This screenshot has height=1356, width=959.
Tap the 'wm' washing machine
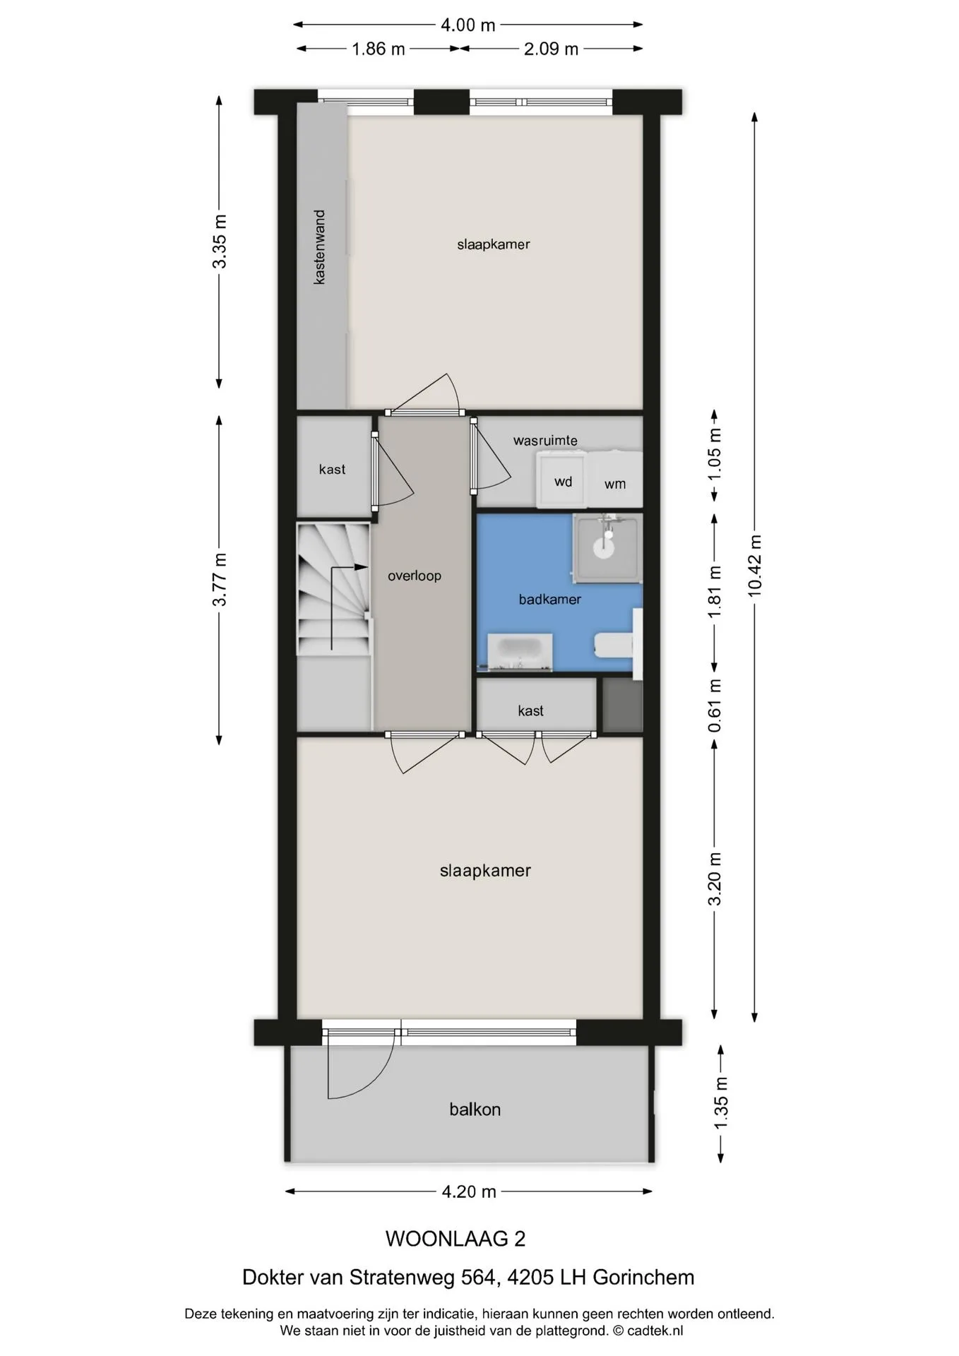pyautogui.click(x=615, y=480)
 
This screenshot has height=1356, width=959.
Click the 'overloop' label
pyautogui.click(x=415, y=576)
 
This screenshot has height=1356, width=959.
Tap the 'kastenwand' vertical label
pyautogui.click(x=319, y=246)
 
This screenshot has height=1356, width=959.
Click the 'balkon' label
pyautogui.click(x=475, y=1109)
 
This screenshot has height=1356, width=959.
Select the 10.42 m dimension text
pyautogui.click(x=755, y=566)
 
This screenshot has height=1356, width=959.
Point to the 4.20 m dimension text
pyautogui.click(x=469, y=1191)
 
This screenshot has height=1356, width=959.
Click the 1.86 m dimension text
pyautogui.click(x=379, y=49)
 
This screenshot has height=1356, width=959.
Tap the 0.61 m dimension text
pyautogui.click(x=715, y=706)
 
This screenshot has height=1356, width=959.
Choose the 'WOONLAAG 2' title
pyautogui.click(x=455, y=1238)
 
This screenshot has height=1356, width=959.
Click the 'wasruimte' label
pyautogui.click(x=545, y=441)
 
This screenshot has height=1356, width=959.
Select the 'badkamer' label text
pyautogui.click(x=549, y=599)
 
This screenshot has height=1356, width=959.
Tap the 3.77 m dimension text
pyautogui.click(x=220, y=579)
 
